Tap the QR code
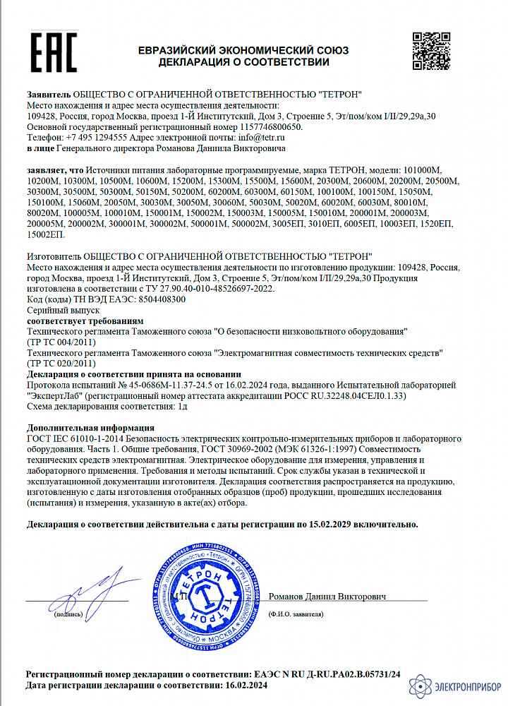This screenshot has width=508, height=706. [430, 52]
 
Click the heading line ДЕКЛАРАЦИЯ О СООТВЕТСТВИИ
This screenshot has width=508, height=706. [243, 62]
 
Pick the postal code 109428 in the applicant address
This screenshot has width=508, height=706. [40, 116]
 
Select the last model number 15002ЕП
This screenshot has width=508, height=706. [45, 234]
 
